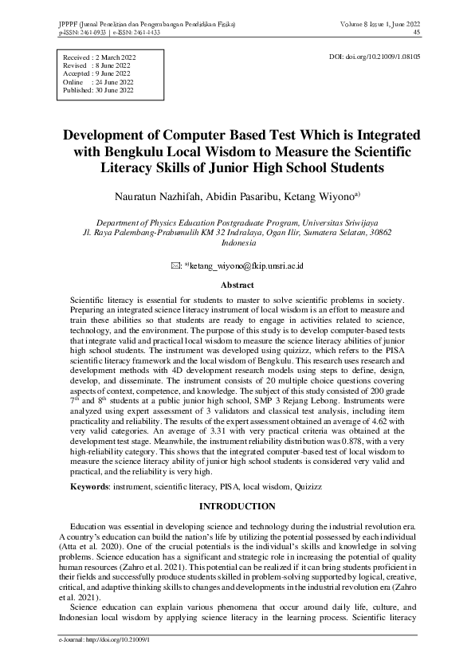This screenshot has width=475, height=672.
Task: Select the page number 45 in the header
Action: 417,33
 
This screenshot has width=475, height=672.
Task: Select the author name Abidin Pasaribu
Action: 239,195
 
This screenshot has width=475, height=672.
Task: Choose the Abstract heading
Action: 237,284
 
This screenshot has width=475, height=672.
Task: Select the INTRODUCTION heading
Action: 237,507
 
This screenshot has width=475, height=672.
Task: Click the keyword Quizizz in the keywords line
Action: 327,485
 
